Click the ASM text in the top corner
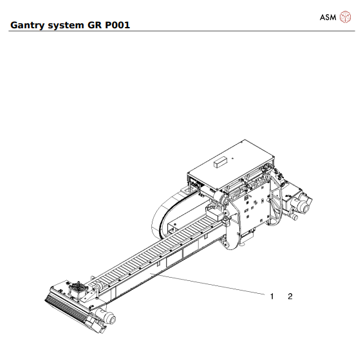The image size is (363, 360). point(328,17)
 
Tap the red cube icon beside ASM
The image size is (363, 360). point(346,17)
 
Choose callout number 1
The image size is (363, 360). point(272,296)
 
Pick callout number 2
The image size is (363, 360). point(290,296)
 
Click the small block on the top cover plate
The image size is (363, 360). point(221,160)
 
